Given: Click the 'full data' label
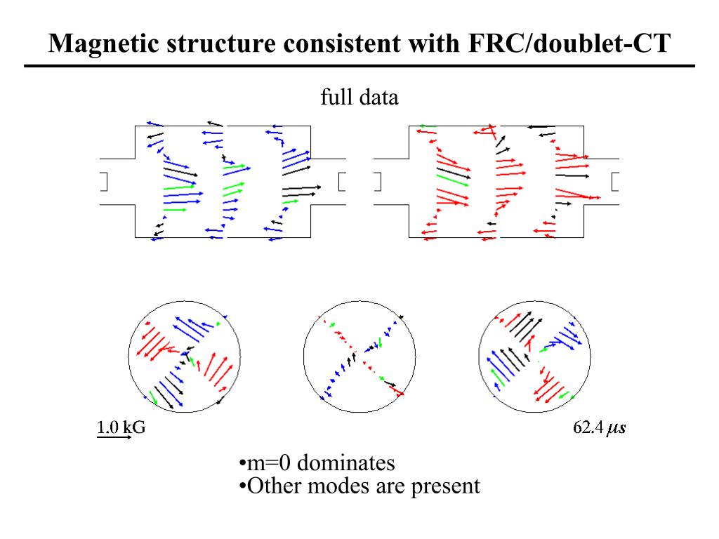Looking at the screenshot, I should (x=359, y=97).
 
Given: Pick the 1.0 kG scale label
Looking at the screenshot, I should (x=121, y=427).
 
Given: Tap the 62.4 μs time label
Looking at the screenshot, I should (x=599, y=427).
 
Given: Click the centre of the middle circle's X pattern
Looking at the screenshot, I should (x=358, y=350).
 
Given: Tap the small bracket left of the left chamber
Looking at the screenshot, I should (x=103, y=181).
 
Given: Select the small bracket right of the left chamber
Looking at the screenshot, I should (x=342, y=181).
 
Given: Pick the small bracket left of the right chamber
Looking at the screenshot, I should (x=377, y=181).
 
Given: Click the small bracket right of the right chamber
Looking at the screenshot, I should (x=616, y=181).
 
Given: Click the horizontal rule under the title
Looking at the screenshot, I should (x=359, y=66).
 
